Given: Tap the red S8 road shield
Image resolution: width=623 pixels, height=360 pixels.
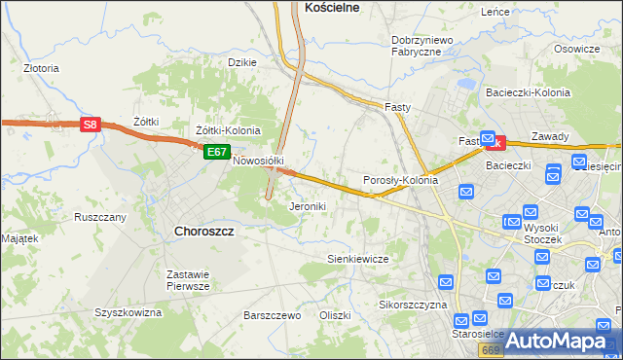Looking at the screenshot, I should tap(90, 125).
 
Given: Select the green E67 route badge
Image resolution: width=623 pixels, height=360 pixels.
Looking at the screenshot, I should tap(216, 153).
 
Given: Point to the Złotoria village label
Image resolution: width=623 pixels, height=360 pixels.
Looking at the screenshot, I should tap(41, 69).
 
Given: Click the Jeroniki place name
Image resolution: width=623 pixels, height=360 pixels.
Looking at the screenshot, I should tap(308, 206).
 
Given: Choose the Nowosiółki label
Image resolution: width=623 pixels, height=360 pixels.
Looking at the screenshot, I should tap(257, 162).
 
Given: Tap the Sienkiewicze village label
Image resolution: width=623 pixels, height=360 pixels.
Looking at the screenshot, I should tap(357, 259).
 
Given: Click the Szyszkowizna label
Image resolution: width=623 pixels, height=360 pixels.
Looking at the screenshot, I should tap(128, 312).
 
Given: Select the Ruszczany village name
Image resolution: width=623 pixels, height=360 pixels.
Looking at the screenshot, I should tap(100, 217).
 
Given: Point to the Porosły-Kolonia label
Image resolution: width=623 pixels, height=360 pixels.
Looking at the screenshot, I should tap(400, 181).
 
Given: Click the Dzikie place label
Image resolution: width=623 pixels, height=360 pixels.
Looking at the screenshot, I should tap(241, 62).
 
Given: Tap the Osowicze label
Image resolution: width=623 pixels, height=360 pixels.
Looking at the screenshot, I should tap(576, 49).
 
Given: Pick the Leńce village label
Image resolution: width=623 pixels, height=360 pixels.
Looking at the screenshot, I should tap(495, 12).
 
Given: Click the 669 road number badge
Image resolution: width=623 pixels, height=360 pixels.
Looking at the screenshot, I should tap(492, 348).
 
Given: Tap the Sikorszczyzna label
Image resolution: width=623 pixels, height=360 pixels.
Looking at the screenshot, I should tap(412, 305).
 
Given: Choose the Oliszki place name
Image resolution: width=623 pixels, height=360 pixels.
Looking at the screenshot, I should tap(334, 316).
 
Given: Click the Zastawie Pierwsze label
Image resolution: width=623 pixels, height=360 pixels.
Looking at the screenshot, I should tap(188, 280).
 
